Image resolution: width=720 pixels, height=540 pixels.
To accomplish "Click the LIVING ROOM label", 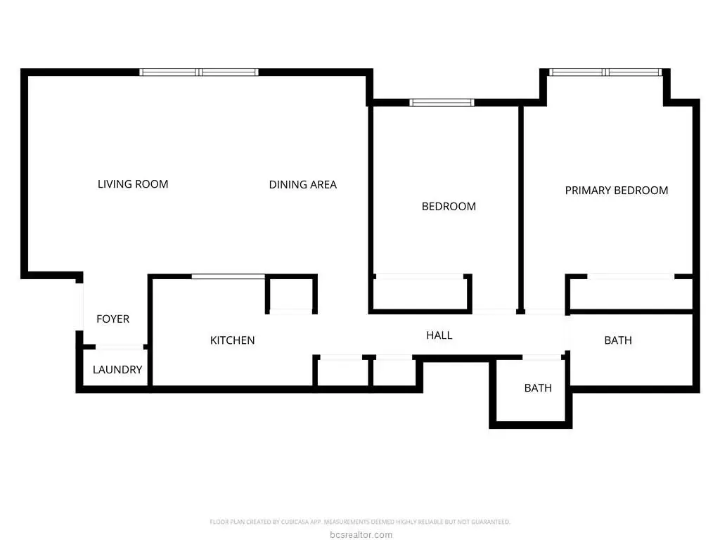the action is click(133, 184).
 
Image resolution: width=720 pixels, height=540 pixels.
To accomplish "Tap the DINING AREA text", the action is click(302, 185).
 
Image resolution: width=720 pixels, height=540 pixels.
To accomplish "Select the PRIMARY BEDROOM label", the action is click(616, 190).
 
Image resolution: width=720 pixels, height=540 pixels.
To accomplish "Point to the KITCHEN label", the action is click(232, 340).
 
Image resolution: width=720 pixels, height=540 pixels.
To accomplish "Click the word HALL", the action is click(439, 335).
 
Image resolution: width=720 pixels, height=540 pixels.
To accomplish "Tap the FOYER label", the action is click(113, 319).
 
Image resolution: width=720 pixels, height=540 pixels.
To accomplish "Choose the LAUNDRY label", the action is click(117, 370).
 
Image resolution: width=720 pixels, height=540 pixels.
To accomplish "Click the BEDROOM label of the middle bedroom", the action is click(449, 207).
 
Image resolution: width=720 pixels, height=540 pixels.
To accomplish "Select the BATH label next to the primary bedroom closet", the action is click(618, 340).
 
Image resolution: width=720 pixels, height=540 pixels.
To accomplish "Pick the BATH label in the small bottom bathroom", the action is click(538, 388).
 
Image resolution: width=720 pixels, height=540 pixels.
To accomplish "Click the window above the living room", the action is click(199, 72).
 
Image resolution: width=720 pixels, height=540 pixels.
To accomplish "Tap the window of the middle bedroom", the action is click(442, 103).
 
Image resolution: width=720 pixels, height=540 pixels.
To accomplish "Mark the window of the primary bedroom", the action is click(605, 72).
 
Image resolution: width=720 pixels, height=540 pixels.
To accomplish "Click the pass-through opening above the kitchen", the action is click(229, 276).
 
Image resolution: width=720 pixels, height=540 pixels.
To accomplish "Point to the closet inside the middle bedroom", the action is click(420, 294).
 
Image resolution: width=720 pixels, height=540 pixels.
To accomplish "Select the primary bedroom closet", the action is click(631, 294).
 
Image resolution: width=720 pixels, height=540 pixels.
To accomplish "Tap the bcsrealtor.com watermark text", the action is click(361, 534).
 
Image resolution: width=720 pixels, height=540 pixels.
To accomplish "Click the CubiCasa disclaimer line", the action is click(360, 522).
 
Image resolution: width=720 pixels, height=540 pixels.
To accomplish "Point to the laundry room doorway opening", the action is click(120, 347).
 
